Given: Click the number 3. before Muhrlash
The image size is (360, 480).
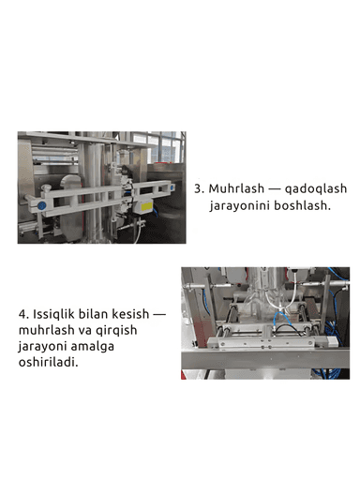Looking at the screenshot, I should click(199, 187).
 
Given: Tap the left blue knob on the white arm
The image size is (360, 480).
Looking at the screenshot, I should click(42, 201).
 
